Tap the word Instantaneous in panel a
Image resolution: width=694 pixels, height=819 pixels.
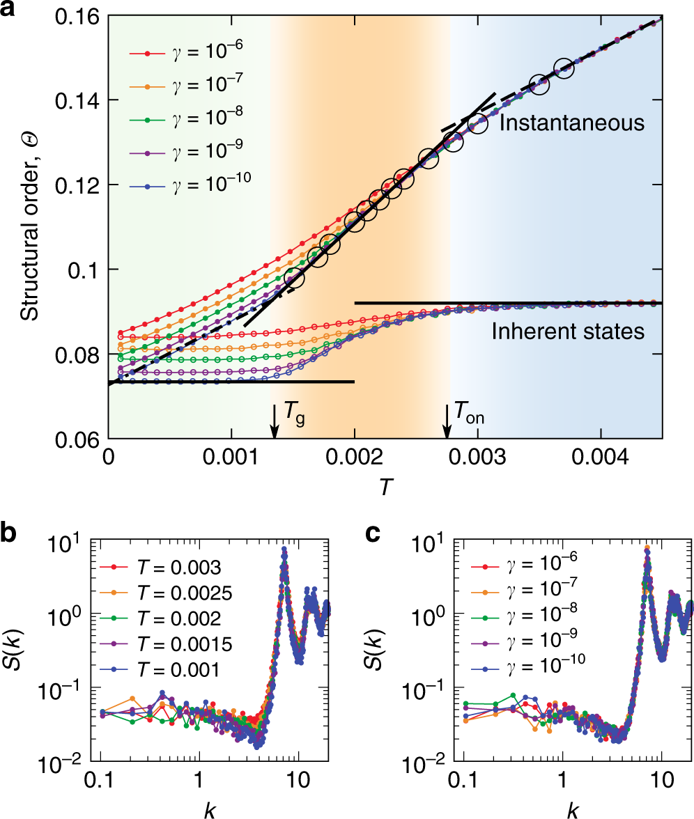571,124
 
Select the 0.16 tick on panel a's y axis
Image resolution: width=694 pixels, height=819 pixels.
77,16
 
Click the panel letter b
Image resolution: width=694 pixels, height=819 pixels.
10,535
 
